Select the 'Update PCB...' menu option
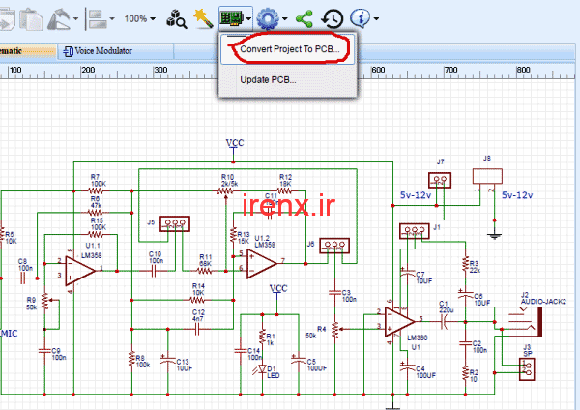274,79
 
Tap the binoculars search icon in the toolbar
177,18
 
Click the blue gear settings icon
267,18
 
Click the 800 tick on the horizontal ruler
523,70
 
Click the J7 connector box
440,180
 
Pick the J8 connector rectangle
487,177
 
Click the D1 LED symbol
257,367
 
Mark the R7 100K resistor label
97,180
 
